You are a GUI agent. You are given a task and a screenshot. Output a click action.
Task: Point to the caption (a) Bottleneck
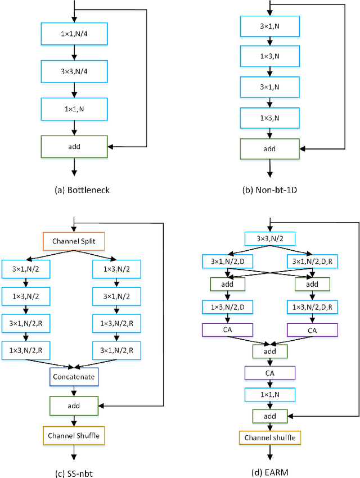(82, 190)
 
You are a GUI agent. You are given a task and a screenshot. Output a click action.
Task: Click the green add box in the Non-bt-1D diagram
(271, 149)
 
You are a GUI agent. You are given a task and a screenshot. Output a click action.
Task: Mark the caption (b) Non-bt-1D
(271, 190)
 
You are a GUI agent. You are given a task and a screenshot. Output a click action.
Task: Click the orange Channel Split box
(74, 242)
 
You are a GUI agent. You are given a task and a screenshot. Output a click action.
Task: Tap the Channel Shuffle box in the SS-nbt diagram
(74, 436)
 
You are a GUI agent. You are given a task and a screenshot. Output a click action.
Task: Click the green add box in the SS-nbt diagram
(74, 405)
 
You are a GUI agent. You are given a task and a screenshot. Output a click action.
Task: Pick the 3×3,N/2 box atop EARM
(269, 238)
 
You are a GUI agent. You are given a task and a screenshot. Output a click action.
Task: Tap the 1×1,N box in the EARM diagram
(269, 395)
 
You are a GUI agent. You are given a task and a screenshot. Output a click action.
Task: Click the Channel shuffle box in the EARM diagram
(269, 437)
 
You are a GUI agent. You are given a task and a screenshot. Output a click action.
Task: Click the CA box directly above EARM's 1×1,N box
(269, 373)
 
